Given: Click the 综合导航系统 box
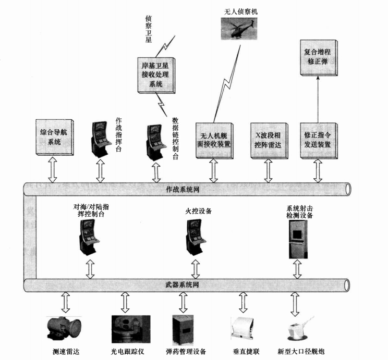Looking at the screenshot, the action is click(55, 137).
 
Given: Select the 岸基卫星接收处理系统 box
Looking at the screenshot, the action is click(156, 75).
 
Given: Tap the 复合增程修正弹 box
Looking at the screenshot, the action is click(319, 58).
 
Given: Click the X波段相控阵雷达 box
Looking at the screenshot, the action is click(269, 141).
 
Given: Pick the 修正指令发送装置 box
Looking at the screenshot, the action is click(319, 141).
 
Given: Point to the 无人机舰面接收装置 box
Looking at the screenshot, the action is click(214, 141).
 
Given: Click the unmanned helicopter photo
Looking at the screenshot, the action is click(239, 29).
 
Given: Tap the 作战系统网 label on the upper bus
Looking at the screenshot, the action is click(183, 190).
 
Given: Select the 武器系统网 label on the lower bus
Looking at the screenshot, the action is click(182, 284).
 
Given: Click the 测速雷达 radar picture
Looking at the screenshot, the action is click(64, 328).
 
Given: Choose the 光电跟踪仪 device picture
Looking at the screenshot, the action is click(131, 329).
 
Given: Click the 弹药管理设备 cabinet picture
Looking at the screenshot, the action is click(183, 330).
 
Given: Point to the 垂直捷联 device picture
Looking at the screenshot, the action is click(242, 328).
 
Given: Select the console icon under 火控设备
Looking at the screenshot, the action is click(196, 238).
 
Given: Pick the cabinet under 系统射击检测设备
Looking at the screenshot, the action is click(298, 239).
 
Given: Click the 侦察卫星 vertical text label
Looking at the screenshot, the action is click(148, 29).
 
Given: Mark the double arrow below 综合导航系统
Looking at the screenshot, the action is click(53, 170).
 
